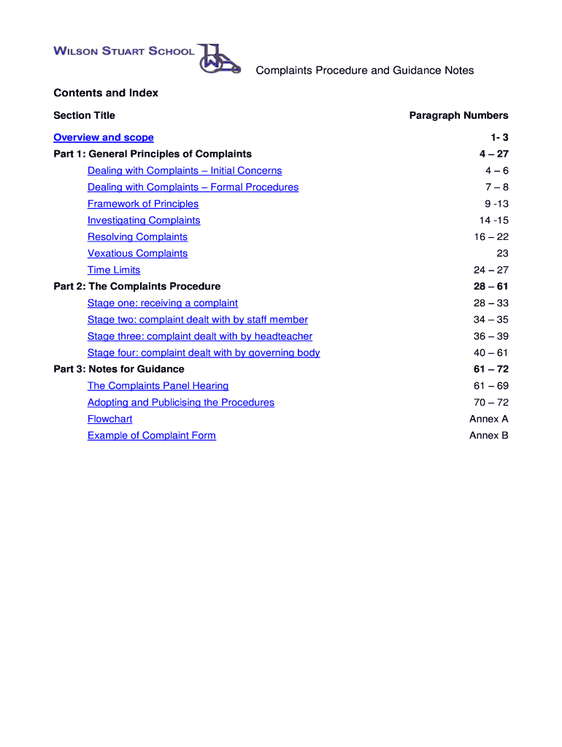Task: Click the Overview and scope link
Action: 104,137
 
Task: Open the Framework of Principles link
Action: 143,204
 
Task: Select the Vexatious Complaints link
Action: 137,253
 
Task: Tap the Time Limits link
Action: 114,270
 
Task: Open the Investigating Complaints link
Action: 144,220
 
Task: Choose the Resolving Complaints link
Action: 137,237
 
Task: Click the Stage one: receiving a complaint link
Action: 163,303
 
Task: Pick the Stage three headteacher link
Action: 200,336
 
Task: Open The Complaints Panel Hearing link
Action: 158,386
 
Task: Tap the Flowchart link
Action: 110,419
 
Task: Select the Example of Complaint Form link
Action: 152,436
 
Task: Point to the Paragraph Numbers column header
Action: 458,115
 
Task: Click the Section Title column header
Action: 85,115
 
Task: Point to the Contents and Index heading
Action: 106,93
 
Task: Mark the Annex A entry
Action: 489,419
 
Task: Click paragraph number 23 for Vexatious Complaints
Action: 502,253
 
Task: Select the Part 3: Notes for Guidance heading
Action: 119,369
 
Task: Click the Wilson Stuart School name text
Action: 124,51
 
